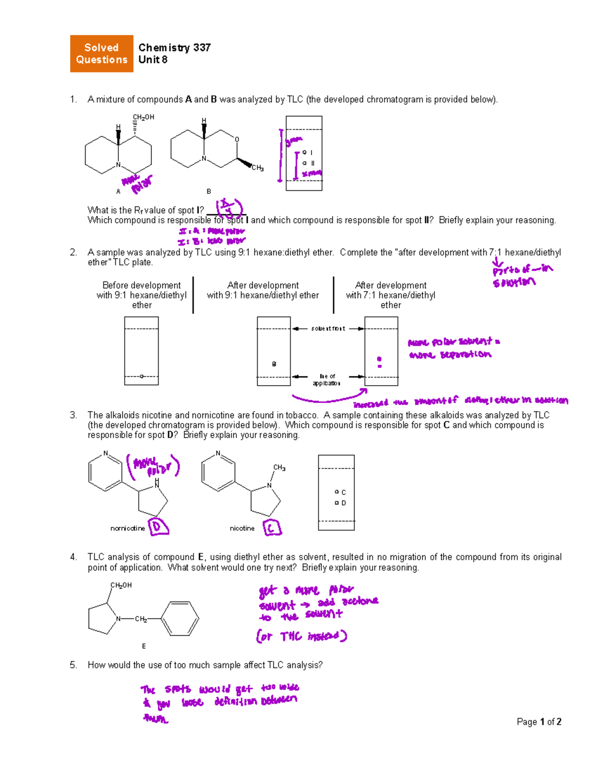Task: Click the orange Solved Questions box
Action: [x=101, y=54]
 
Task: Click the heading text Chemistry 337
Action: [x=174, y=48]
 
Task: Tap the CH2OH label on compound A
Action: [x=143, y=117]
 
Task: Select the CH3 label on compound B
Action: [x=257, y=168]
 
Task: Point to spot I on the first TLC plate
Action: [x=304, y=153]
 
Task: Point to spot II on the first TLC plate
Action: [x=304, y=163]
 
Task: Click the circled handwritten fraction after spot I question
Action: [x=228, y=207]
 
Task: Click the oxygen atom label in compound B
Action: [x=237, y=140]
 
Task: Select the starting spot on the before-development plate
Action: [x=141, y=376]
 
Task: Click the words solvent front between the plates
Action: [x=328, y=329]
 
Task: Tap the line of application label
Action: [x=327, y=380]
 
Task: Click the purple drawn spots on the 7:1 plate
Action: [x=380, y=361]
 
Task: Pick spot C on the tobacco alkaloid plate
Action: [x=337, y=492]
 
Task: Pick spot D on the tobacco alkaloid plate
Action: [x=337, y=503]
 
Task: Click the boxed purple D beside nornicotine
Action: [x=159, y=527]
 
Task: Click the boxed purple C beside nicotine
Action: [x=272, y=528]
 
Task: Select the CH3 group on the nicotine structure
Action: [x=279, y=468]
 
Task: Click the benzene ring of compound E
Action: [x=179, y=619]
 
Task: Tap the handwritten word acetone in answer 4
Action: [x=360, y=601]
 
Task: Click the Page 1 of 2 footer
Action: [x=539, y=722]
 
